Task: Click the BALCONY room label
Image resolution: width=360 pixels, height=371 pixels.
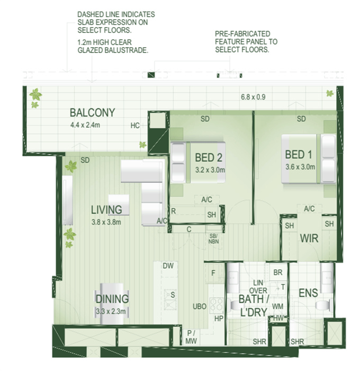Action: click(93, 112)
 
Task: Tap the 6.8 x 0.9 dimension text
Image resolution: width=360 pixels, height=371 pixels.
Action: click(253, 97)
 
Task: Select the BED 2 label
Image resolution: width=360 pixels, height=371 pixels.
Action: click(209, 157)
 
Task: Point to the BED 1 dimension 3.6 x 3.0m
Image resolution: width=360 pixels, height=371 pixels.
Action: click(300, 167)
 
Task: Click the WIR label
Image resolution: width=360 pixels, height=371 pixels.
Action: click(309, 238)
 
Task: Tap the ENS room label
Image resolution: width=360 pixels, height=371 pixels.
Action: click(308, 293)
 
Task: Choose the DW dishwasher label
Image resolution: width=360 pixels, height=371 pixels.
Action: click(168, 266)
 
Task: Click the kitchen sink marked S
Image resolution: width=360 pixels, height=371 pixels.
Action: click(170, 300)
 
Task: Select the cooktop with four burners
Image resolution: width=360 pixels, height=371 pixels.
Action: click(217, 305)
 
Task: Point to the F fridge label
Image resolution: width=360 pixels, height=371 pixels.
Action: click(213, 273)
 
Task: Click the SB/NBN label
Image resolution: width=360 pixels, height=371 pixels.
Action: click(213, 238)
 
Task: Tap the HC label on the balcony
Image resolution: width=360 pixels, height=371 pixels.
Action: click(135, 126)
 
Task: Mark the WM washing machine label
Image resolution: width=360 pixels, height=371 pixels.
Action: click(277, 307)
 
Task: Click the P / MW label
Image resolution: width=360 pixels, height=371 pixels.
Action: click(191, 337)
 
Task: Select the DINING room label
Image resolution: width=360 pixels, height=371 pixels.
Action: click(112, 299)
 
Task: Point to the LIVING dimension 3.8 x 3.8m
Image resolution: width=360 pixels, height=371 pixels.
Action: click(106, 222)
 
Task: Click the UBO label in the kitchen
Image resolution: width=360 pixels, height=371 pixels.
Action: click(200, 307)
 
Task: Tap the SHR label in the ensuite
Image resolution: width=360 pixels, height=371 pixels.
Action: click(298, 342)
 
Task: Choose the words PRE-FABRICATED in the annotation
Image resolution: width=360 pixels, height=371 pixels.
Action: click(242, 34)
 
